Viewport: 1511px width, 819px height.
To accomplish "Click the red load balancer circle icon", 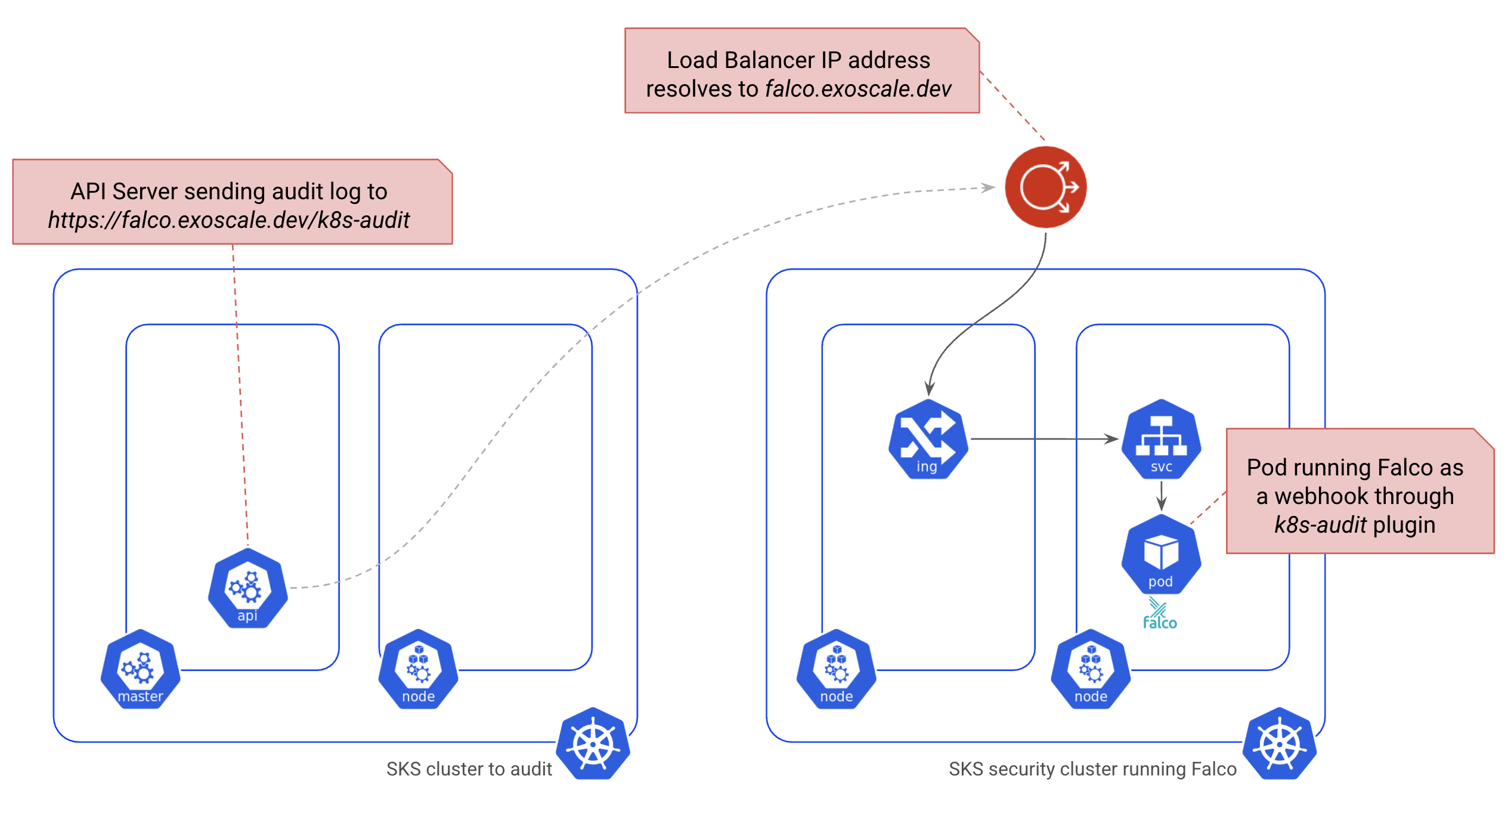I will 1045,187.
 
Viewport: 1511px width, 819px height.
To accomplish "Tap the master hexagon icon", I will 140,669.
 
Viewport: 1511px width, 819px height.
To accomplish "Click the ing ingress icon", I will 927,440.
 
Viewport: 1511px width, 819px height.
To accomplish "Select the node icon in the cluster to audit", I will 418,669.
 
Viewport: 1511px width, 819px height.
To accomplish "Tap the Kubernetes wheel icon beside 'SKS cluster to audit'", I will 593,744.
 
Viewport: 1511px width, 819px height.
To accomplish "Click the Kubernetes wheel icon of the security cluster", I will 1280,744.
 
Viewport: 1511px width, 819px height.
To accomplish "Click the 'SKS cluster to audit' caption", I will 469,769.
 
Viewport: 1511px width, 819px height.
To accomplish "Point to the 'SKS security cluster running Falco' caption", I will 1092,769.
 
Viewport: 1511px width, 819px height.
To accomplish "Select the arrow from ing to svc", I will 1044,439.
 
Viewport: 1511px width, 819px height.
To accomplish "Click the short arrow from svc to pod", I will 1161,495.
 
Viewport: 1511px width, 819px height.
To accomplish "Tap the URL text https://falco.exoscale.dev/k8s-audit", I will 229,220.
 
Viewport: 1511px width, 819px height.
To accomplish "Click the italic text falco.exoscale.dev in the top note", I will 858,89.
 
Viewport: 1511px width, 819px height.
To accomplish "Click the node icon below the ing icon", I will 836,669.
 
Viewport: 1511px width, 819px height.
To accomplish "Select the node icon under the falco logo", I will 1091,669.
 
